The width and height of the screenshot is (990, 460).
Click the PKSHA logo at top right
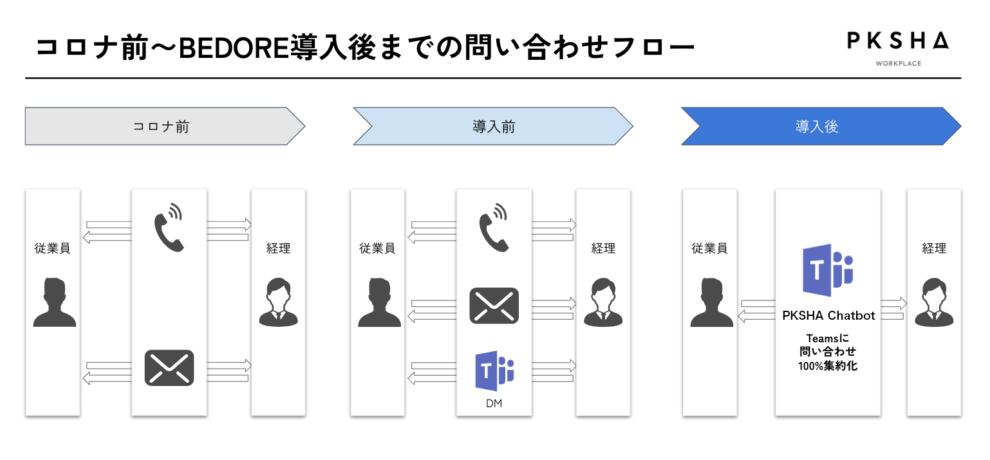pyautogui.click(x=897, y=41)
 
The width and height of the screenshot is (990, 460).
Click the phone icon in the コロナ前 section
pyautogui.click(x=169, y=227)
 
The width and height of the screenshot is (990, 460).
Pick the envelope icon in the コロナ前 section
pyautogui.click(x=169, y=367)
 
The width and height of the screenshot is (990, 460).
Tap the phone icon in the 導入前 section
pyautogui.click(x=494, y=227)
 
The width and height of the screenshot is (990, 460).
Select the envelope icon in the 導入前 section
pyautogui.click(x=494, y=304)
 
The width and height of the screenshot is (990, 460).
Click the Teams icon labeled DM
pyautogui.click(x=494, y=371)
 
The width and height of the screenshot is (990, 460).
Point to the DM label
pyautogui.click(x=494, y=404)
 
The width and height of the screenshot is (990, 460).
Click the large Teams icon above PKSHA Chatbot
pyautogui.click(x=828, y=270)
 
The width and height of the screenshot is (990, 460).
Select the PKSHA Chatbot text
pyautogui.click(x=828, y=315)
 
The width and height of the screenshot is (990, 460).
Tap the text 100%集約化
pyautogui.click(x=828, y=365)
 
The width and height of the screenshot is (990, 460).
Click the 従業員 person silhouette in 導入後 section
pyautogui.click(x=711, y=302)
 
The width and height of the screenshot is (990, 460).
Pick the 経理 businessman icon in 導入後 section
pyautogui.click(x=934, y=302)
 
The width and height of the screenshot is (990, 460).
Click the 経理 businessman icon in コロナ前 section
pyautogui.click(x=278, y=302)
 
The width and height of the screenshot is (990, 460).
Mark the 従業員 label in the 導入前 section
pyautogui.click(x=377, y=248)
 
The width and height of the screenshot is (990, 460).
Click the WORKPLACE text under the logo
pyautogui.click(x=897, y=63)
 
